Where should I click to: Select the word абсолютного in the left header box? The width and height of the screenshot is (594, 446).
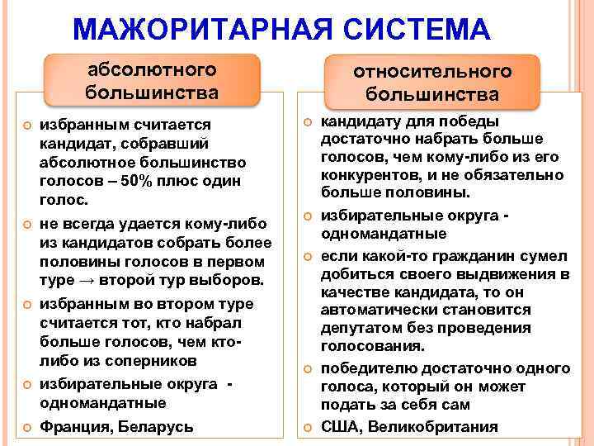pos(153,69)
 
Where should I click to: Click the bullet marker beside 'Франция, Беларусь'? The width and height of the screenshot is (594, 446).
pos(26,426)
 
